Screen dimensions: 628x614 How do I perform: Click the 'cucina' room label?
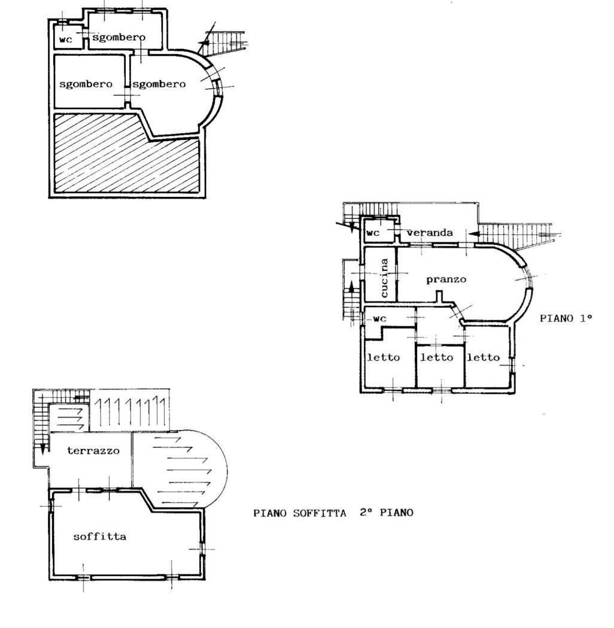click(x=385, y=278)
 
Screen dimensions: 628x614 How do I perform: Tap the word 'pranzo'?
click(x=446, y=279)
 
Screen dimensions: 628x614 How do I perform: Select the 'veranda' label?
click(x=429, y=233)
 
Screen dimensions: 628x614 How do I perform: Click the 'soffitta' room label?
click(x=99, y=536)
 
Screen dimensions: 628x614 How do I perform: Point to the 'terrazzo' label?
click(x=93, y=450)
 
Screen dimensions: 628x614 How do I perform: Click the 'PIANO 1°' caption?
click(x=566, y=318)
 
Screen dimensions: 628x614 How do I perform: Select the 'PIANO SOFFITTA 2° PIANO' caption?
click(x=333, y=513)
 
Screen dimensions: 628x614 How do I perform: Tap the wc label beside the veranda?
click(x=373, y=233)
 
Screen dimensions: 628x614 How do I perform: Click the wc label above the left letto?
click(x=380, y=319)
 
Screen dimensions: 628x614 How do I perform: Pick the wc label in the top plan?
click(x=65, y=39)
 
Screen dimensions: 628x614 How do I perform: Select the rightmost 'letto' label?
click(x=483, y=357)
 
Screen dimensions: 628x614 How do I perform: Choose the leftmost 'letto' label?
click(x=383, y=357)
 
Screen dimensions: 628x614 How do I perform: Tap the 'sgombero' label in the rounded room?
click(x=159, y=84)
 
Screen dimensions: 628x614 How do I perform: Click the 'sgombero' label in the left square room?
click(x=86, y=84)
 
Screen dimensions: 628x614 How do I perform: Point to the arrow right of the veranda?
click(x=475, y=233)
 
